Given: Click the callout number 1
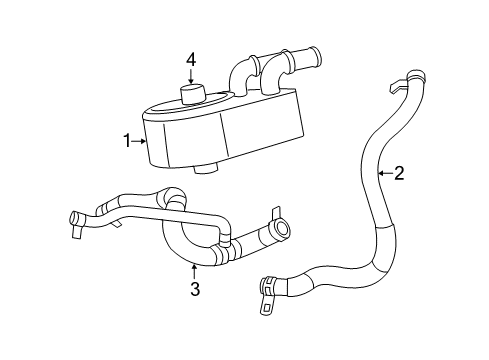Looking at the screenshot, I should tap(127, 141).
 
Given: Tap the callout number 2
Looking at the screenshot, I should tap(399, 174).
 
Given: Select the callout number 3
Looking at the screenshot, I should tap(196, 290).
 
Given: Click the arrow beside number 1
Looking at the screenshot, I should tap(141, 141).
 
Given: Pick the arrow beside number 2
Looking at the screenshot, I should tap(384, 174).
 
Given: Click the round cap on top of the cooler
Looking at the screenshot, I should tap(192, 93).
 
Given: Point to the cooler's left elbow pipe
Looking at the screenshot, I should tap(240, 75).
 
